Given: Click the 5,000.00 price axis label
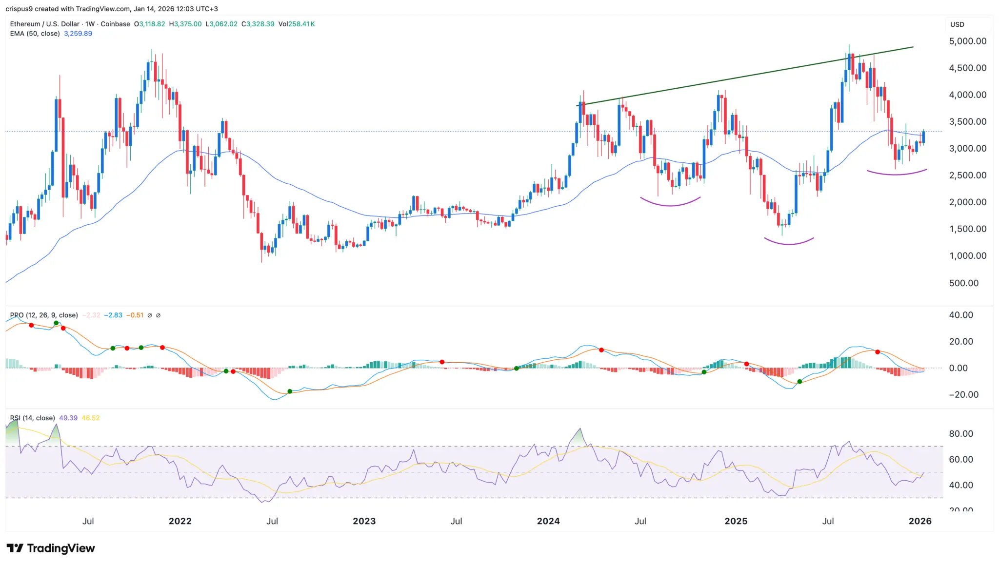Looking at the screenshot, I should coord(967,41).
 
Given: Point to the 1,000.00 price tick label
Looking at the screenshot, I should coord(967,256).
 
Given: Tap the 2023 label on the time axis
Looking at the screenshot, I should coord(364,521).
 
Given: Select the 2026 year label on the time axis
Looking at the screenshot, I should coord(920,521).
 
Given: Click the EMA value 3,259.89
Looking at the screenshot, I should coord(78,34).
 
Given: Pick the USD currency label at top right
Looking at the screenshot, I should coord(957,24).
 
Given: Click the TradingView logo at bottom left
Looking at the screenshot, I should coord(51,548).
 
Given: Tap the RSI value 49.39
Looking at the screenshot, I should coord(68,418).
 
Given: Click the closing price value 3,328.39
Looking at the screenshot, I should coord(260,24).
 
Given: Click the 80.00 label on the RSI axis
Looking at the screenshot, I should coord(960,434).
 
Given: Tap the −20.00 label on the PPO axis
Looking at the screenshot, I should coord(963,395).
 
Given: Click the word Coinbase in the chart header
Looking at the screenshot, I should coord(115,24).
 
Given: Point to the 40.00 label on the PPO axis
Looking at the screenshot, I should coord(960,315).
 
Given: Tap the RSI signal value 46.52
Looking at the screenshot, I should coord(91,418).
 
